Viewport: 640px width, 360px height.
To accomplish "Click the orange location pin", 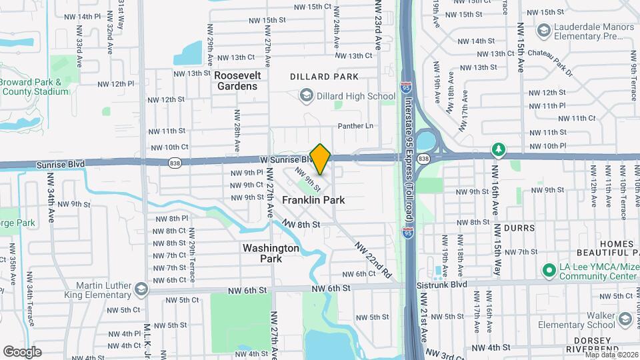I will (321, 159).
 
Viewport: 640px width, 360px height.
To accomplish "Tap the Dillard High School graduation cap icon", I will (306, 95).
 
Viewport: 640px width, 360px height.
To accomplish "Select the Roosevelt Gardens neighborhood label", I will (237, 81).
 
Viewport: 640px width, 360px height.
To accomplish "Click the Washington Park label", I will (271, 253).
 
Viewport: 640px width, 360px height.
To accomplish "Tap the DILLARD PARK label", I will (324, 77).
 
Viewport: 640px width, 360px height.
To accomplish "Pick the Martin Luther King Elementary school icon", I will (141, 289).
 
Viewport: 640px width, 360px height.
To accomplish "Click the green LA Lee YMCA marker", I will (549, 270).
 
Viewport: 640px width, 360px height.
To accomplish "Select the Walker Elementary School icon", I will (625, 319).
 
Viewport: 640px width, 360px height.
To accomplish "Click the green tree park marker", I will (497, 148).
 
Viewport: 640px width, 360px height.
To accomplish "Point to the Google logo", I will (23, 351).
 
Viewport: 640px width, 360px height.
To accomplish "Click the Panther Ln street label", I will (355, 126).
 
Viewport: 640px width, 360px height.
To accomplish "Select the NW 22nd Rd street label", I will (372, 259).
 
